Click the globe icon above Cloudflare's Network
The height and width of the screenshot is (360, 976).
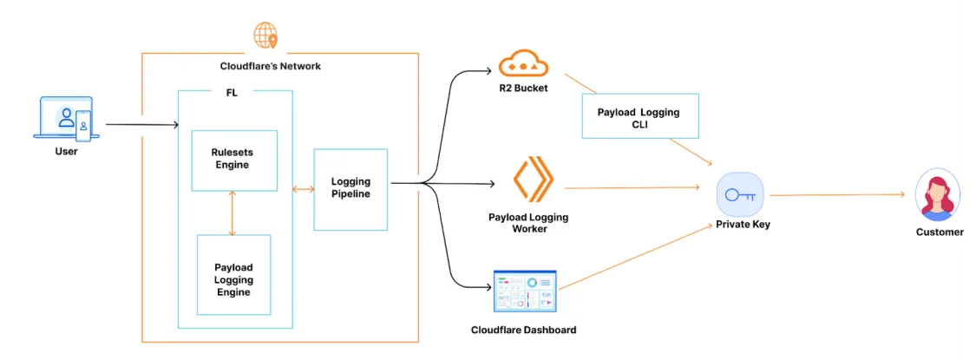[x=265, y=36]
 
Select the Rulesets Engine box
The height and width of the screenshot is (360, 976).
[x=233, y=160]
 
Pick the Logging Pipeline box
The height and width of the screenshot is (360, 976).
[x=350, y=189]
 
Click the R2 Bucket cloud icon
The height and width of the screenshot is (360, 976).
[x=524, y=63]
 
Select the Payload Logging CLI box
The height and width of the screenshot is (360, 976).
[x=639, y=117]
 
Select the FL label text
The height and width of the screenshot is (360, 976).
[x=232, y=93]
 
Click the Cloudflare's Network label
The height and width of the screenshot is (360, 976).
[x=270, y=66]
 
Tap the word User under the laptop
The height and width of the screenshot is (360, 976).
[x=66, y=151]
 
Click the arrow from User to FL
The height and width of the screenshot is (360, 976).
[x=141, y=125]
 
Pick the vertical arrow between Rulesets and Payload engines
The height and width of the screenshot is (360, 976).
[x=232, y=213]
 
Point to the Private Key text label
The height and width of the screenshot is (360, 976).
[x=742, y=225]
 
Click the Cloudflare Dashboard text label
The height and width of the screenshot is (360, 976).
[x=523, y=330]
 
